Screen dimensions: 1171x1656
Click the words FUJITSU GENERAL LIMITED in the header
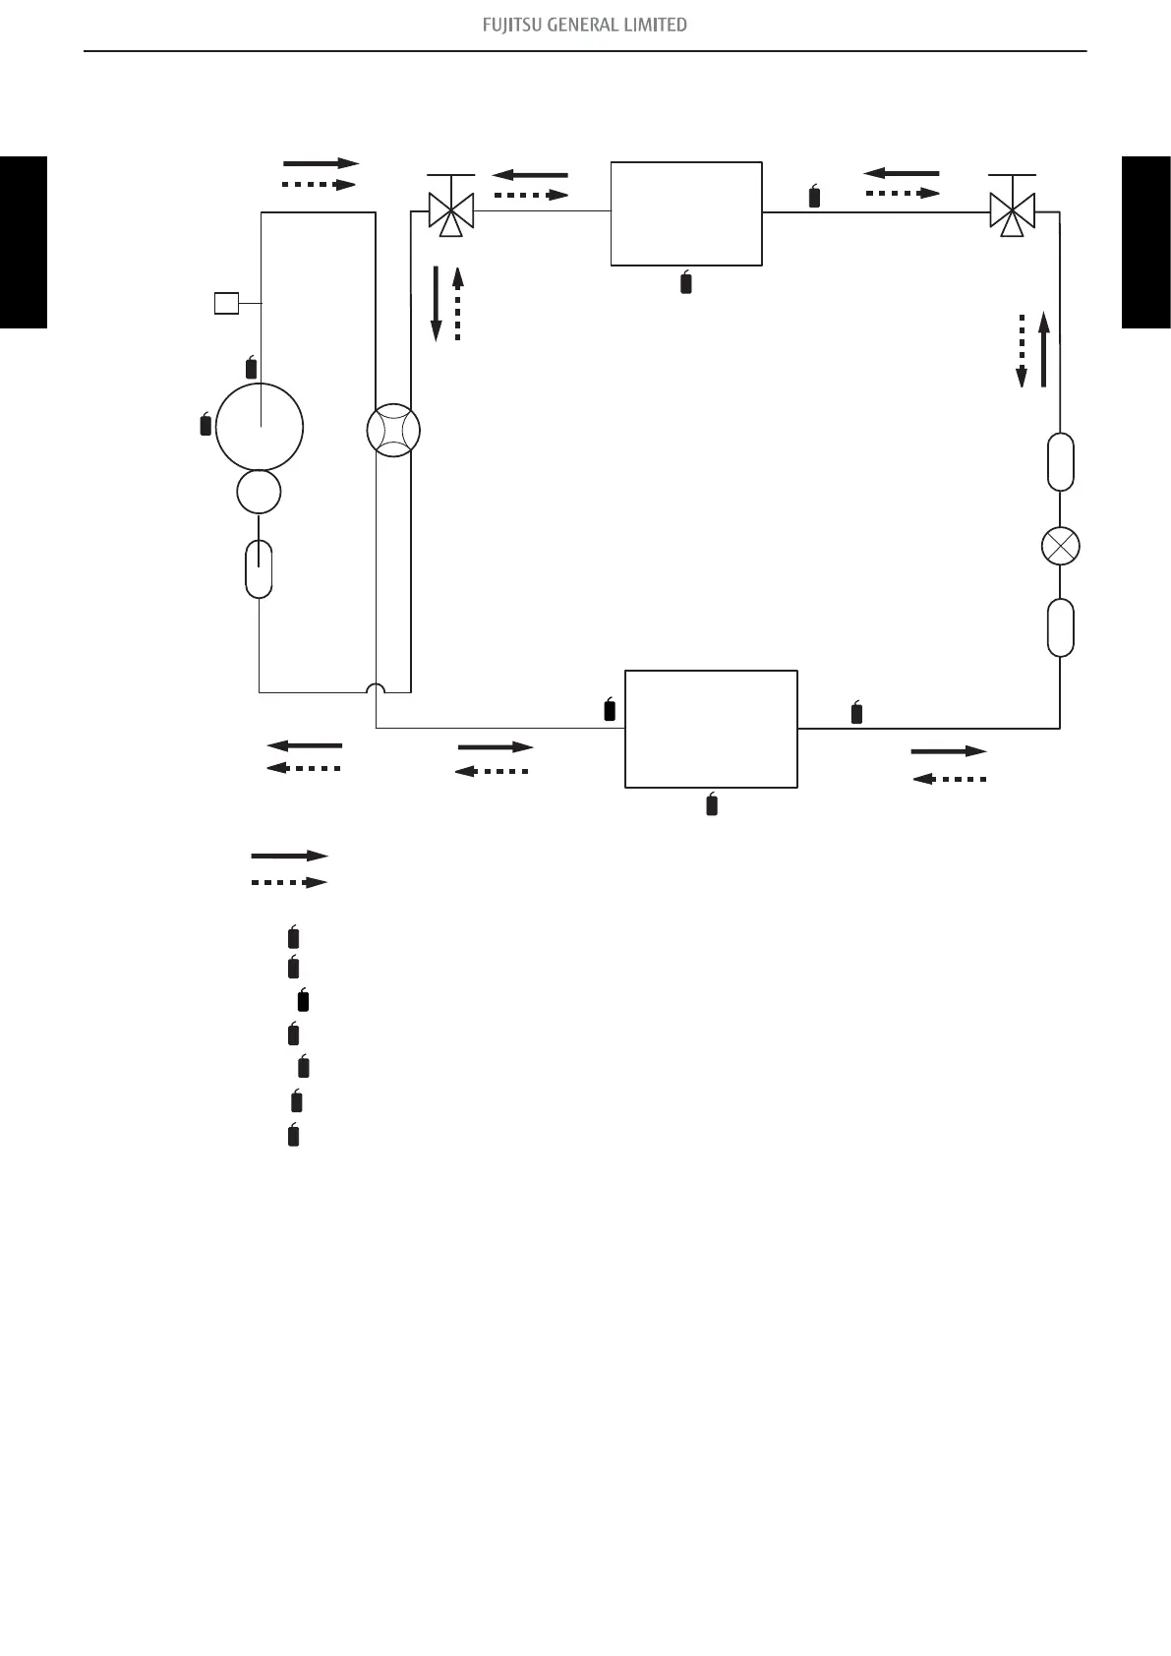coord(585,25)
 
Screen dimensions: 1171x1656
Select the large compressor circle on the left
coord(260,428)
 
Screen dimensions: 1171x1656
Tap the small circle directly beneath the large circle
coord(260,492)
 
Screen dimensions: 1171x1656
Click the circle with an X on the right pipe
coord(1060,546)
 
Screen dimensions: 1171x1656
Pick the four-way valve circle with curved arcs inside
coord(392,431)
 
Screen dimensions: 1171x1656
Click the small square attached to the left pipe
coord(226,303)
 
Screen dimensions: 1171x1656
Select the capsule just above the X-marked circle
coord(1060,461)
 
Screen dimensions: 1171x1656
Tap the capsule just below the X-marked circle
coord(1060,627)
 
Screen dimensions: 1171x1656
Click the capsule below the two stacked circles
coord(259,568)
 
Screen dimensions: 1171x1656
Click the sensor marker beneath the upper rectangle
coord(686,283)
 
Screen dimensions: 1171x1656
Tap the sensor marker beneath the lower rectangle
coord(712,804)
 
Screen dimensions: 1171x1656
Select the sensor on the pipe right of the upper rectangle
coord(814,197)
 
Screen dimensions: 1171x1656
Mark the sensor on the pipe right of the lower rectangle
coord(856,714)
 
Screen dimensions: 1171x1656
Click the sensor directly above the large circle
coord(251,369)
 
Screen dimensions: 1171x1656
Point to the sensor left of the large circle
coord(205,425)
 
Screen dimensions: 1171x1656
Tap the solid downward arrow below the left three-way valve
coord(437,303)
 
